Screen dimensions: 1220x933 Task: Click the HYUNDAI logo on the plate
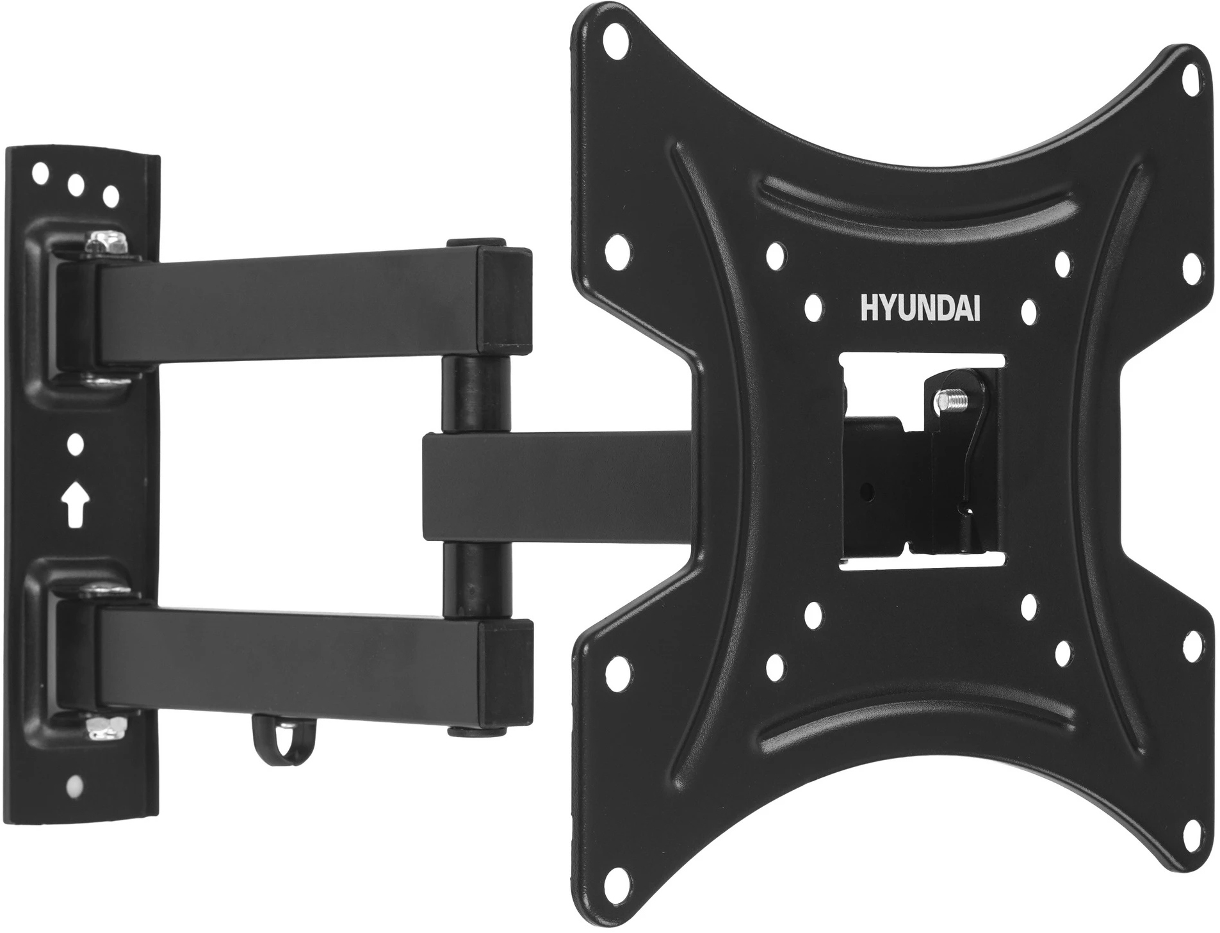pyautogui.click(x=918, y=307)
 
